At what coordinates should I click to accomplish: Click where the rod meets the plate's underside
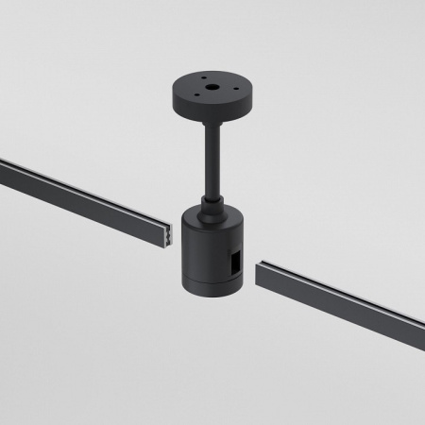pos(209,127)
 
